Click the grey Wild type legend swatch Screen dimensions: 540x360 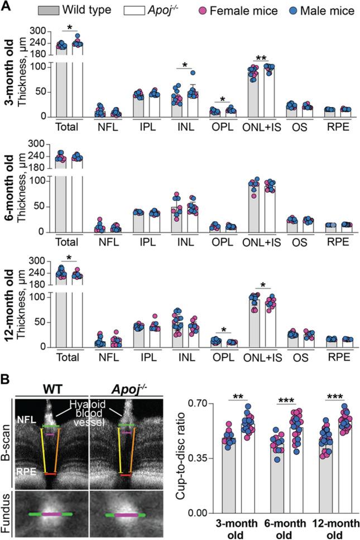click(x=49, y=9)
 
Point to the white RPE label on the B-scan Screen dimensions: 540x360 click(x=26, y=471)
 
